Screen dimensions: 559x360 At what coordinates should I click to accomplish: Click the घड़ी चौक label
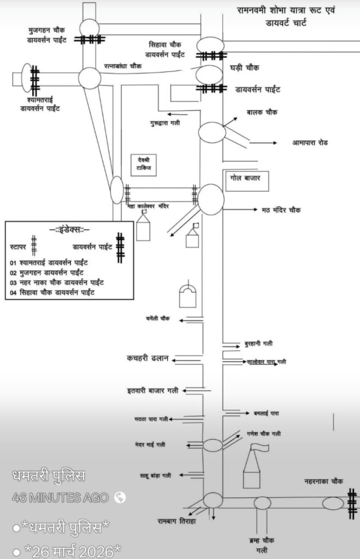[x=245, y=68]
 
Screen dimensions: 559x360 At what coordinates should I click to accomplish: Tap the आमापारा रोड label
[x=310, y=143]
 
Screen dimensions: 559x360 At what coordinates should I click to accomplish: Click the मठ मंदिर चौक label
[x=281, y=210]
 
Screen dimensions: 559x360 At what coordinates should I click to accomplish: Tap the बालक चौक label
[x=262, y=112]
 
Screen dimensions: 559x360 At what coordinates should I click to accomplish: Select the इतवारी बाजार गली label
[x=152, y=390]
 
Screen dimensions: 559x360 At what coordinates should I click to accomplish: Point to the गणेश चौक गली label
[x=264, y=433]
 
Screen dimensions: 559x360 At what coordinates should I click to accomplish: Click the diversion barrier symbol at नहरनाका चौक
[x=352, y=503]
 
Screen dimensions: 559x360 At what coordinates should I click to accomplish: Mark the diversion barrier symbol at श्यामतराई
[x=35, y=80]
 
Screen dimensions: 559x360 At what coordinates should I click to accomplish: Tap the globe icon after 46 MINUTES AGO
[x=120, y=497]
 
